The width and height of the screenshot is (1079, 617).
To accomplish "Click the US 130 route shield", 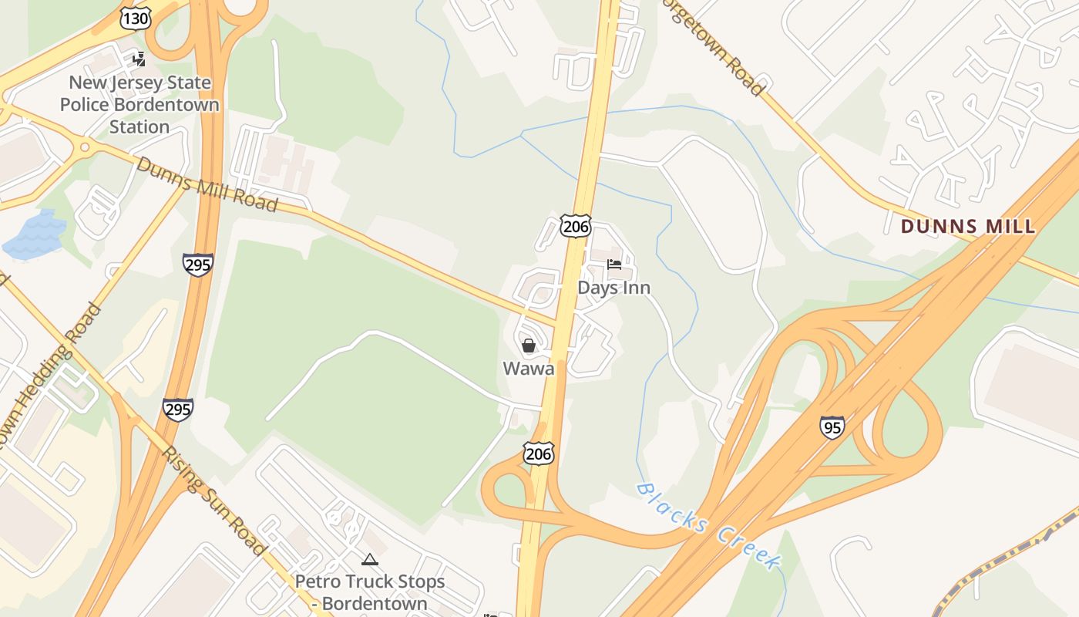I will pyautogui.click(x=136, y=19).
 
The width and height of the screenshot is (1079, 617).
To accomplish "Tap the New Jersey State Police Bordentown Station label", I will pyautogui.click(x=139, y=104).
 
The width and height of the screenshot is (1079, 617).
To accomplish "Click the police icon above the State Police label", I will pyautogui.click(x=139, y=59).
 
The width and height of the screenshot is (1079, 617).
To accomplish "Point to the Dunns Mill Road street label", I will pyautogui.click(x=207, y=184).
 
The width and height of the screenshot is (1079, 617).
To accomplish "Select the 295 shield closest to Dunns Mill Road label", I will pyautogui.click(x=198, y=265).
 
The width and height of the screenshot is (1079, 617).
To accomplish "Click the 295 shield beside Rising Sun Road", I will pyautogui.click(x=178, y=409).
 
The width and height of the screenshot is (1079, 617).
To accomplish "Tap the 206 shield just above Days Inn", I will pyautogui.click(x=576, y=226).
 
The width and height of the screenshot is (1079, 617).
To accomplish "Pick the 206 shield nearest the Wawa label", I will pyautogui.click(x=538, y=453).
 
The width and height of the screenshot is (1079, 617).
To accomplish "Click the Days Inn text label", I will pyautogui.click(x=614, y=288).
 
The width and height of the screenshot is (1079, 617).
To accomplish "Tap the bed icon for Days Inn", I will pyautogui.click(x=614, y=265).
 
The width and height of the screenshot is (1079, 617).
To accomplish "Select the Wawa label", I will pyautogui.click(x=529, y=369).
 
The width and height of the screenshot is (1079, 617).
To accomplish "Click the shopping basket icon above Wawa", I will pyautogui.click(x=529, y=346).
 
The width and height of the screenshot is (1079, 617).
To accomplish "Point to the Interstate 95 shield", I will pyautogui.click(x=832, y=427).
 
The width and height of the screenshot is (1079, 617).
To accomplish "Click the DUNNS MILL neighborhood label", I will pyautogui.click(x=968, y=227).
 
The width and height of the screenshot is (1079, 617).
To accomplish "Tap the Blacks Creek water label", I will pyautogui.click(x=707, y=526).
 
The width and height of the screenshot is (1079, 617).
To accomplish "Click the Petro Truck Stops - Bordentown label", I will pyautogui.click(x=370, y=592).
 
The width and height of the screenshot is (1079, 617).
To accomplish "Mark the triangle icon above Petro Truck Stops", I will pyautogui.click(x=370, y=559).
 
